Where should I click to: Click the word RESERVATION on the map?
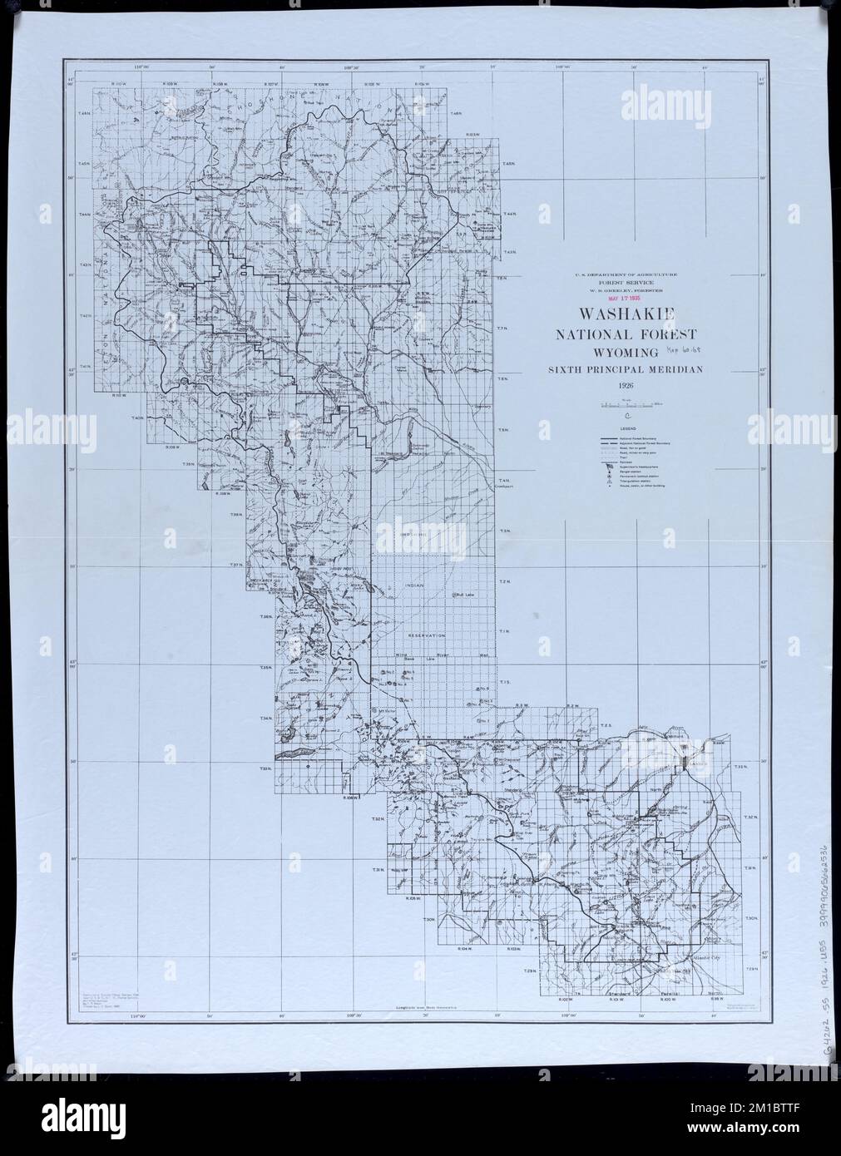(427, 635)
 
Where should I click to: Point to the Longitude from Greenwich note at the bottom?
(422, 1007)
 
